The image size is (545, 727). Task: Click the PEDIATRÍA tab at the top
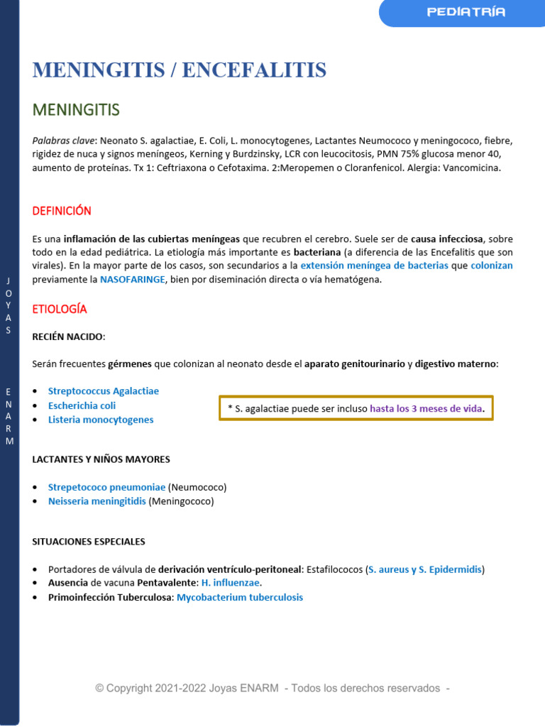pos(466,12)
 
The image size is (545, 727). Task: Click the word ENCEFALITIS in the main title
pos(254,70)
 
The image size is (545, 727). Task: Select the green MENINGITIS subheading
pos(76,110)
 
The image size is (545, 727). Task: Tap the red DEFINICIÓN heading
pos(62,211)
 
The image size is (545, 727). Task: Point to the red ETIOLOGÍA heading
pos(60,309)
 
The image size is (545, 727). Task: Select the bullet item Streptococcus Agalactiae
pos(104,391)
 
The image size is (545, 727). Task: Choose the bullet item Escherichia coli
pos(82,405)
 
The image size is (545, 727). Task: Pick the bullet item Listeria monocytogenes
pos(101,420)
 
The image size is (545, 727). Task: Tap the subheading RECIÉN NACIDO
pos(68,337)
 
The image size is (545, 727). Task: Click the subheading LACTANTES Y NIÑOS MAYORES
pos(101,459)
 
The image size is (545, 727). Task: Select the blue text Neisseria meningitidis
pos(97,501)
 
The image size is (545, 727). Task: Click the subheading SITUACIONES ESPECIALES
pos(89,542)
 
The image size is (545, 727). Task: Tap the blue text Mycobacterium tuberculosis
pos(240,598)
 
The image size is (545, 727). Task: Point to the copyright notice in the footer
pos(272,688)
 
